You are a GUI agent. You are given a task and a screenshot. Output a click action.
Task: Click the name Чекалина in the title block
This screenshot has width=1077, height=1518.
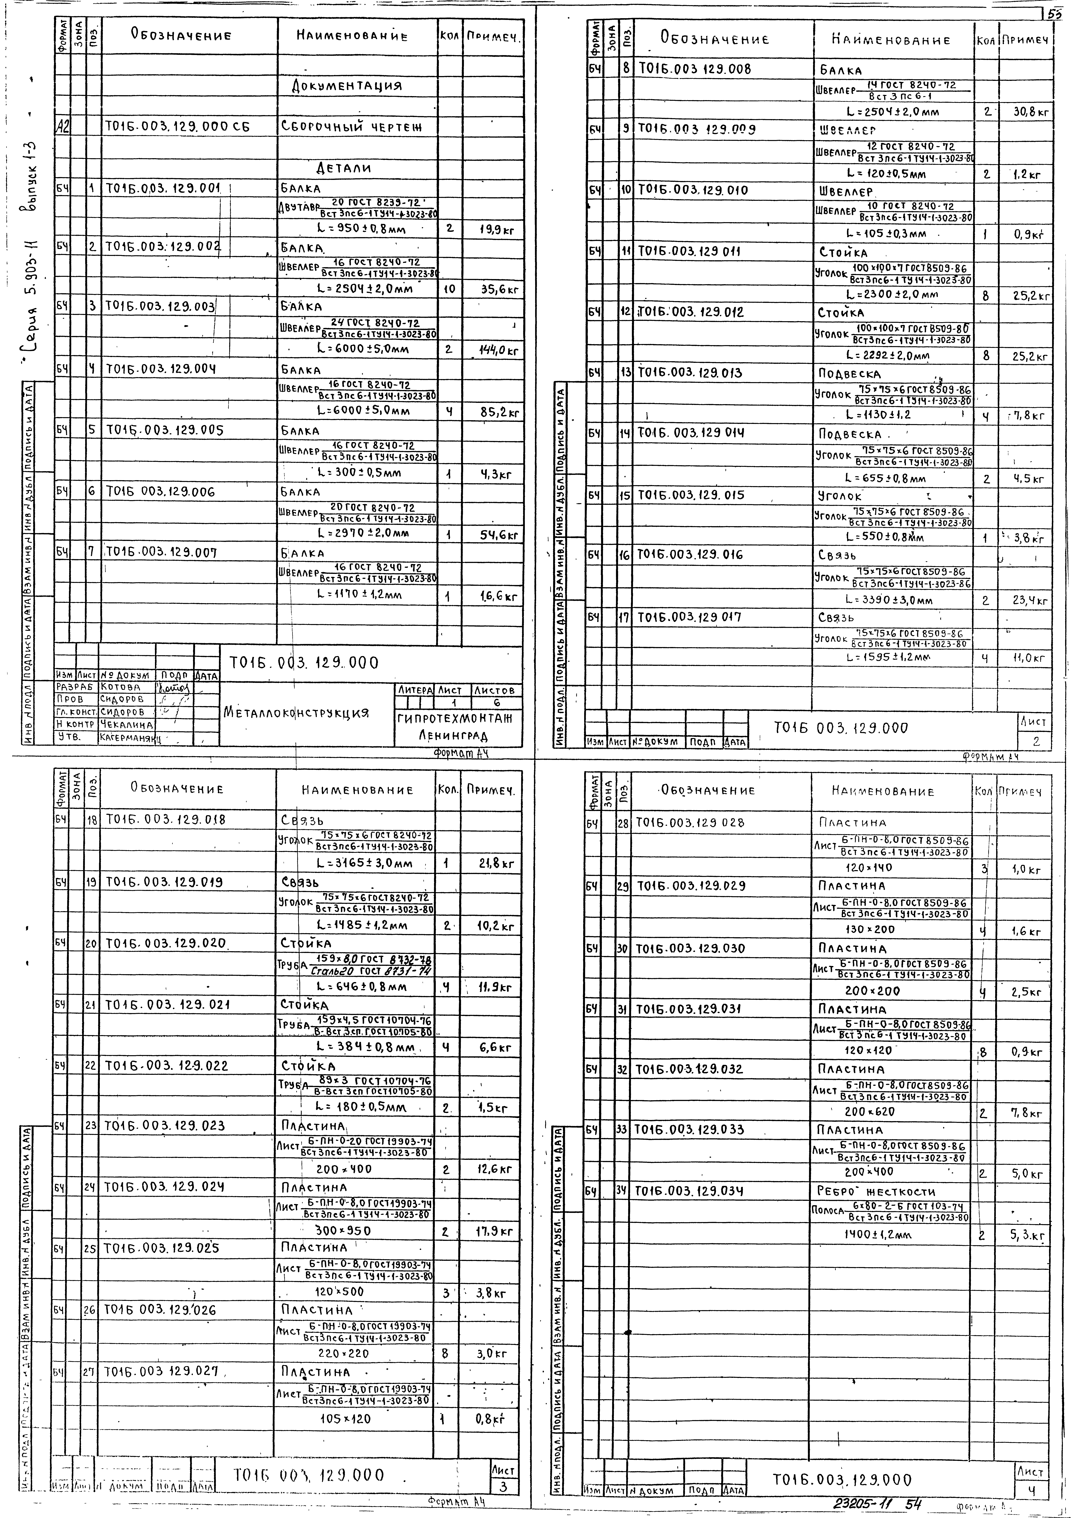click(x=126, y=725)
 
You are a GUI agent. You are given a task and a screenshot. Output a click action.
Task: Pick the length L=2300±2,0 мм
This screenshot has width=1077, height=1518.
click(x=892, y=294)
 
